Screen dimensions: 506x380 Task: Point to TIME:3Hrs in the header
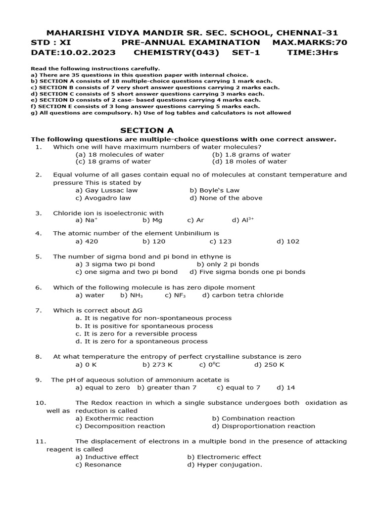pos(313,52)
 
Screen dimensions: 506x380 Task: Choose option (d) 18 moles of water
pos(249,162)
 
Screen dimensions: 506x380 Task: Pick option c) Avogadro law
pos(103,198)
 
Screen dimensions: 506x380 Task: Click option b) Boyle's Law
pos(214,190)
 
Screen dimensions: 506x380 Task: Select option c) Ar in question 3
pos(195,220)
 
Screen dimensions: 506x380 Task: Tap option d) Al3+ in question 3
pos(242,220)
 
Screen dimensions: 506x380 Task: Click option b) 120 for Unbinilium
pos(154,242)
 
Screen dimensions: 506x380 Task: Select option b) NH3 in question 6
pos(132,295)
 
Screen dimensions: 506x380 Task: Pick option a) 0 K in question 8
pos(86,365)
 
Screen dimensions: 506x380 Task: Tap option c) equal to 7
pos(238,388)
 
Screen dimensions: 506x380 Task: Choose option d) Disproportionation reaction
pos(263,426)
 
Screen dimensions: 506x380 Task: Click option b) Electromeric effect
pos(224,457)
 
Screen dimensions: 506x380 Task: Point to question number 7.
pos(38,310)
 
